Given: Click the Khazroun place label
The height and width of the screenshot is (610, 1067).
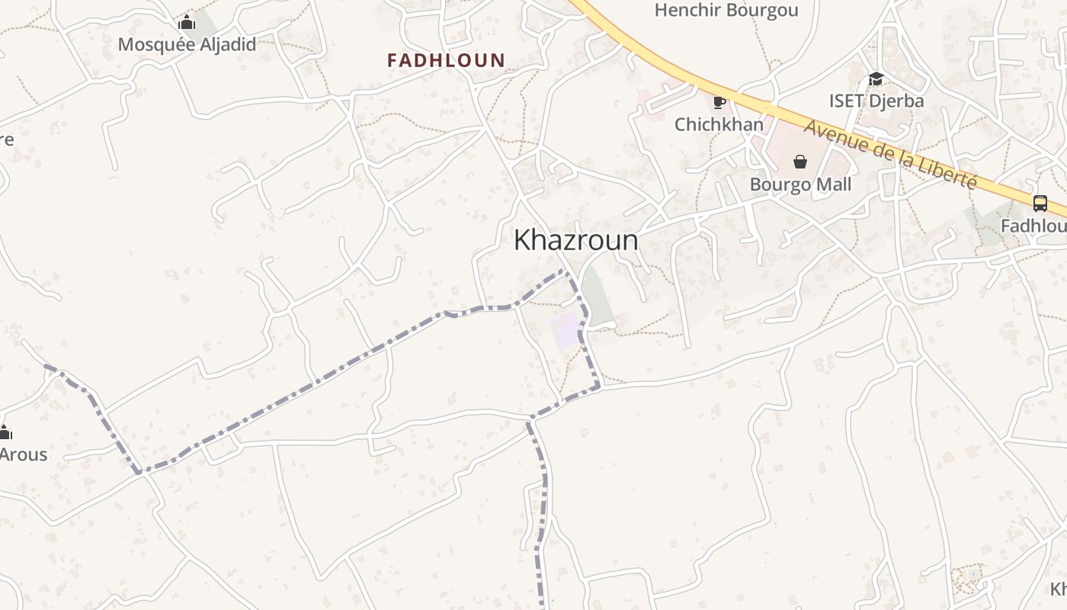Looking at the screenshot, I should tap(575, 240).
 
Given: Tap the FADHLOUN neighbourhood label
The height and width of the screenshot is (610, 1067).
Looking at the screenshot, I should tap(446, 60).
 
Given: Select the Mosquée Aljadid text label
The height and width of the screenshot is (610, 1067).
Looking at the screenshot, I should tap(187, 44).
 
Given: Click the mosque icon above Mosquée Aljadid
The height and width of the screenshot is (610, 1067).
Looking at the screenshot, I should tap(187, 23).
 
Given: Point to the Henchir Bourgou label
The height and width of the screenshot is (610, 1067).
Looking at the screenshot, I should tap(726, 10).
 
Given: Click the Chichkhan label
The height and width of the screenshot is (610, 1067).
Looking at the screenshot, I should tap(719, 124).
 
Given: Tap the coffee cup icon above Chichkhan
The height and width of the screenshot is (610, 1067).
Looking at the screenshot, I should tap(719, 101).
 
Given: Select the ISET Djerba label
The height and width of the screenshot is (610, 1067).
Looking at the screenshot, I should tap(876, 101).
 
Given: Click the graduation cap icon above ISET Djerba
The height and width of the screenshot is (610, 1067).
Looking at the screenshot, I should tap(876, 79).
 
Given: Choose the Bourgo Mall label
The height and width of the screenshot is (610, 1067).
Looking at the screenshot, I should tap(800, 185).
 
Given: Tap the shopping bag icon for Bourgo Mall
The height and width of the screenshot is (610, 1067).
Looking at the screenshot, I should tap(800, 162).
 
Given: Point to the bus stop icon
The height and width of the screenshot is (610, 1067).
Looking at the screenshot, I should tap(1040, 204).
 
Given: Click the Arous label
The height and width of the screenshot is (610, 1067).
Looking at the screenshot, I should tap(23, 454).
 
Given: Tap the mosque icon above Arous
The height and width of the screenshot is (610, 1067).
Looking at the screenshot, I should tap(5, 433).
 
